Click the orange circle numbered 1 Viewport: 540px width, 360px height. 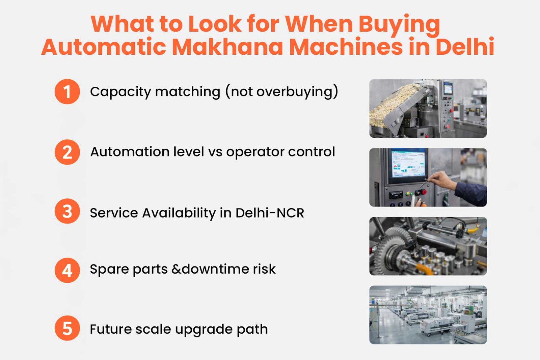click(x=67, y=91)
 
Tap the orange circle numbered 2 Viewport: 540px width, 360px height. click(x=67, y=152)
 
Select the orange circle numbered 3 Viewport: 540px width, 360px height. click(x=67, y=211)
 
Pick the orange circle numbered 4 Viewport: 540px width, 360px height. click(x=67, y=270)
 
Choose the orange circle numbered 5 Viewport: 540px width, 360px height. click(x=67, y=328)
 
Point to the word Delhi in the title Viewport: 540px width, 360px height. click(x=465, y=47)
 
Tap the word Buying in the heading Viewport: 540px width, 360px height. click(x=399, y=24)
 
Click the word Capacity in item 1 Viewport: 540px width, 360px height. click(x=120, y=92)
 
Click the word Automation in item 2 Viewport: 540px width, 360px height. click(x=130, y=152)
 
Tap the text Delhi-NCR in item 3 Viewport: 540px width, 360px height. click(x=270, y=213)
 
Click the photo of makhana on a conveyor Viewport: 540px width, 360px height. click(x=428, y=108)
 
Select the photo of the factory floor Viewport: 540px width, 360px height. click(x=428, y=315)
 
